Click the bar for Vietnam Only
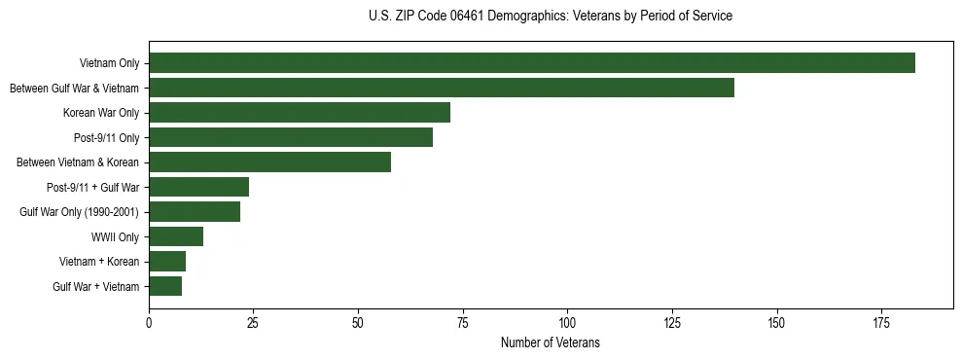coord(532,63)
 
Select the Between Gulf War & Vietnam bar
coord(442,88)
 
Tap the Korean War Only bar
coord(300,113)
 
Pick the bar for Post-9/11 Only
coord(291,137)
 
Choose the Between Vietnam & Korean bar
coord(270,162)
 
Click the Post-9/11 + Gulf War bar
coord(199,187)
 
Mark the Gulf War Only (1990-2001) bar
coord(195,212)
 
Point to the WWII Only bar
coord(176,236)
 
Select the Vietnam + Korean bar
coord(167,262)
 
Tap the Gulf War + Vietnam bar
coord(165,286)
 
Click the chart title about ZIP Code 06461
coord(551,17)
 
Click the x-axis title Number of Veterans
coord(551,343)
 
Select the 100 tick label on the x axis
coord(567,322)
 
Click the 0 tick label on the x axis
coord(149,322)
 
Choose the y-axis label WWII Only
coord(116,236)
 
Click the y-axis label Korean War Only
coord(101,113)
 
